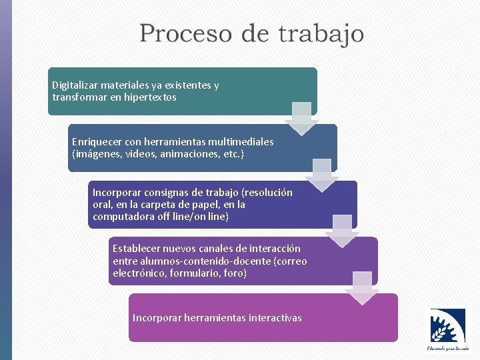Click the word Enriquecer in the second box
97,142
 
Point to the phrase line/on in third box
199,217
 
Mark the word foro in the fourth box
235,273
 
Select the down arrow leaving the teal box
302,118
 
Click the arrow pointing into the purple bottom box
362,288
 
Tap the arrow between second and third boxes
322,175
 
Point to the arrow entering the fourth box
342,231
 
